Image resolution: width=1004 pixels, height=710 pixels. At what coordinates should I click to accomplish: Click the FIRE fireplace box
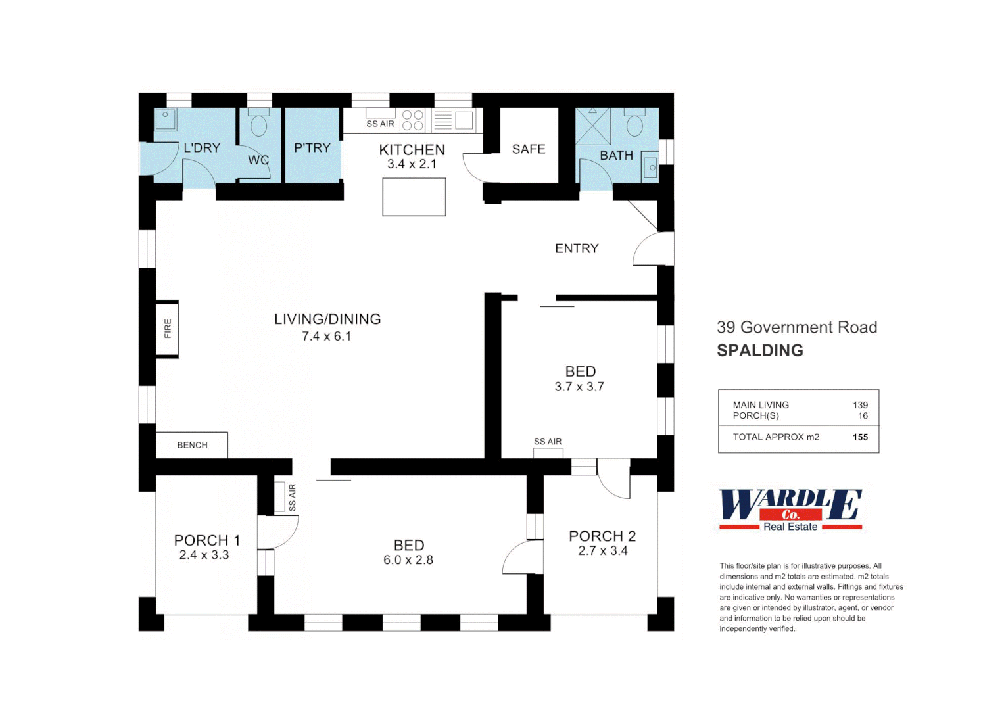click(167, 329)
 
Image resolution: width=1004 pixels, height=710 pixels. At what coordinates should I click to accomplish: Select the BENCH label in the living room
click(192, 445)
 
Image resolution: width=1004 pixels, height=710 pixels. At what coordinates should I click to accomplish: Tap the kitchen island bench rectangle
click(414, 197)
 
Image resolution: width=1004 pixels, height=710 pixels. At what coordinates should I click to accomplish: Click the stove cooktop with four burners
click(413, 120)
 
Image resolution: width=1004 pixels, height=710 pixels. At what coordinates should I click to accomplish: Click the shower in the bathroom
click(593, 126)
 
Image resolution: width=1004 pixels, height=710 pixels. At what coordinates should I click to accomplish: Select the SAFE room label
click(529, 149)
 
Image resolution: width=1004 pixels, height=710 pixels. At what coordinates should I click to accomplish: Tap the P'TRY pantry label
click(312, 148)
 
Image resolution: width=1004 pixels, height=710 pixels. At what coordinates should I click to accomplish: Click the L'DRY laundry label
click(202, 148)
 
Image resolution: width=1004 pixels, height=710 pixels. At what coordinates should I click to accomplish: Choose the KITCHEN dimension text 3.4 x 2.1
click(412, 164)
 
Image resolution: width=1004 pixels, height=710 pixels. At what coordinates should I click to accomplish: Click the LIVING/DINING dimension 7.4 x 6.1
click(327, 337)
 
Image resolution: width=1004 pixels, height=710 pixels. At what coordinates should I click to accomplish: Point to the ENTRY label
click(577, 248)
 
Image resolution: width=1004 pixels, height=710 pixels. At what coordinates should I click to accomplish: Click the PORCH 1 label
click(207, 540)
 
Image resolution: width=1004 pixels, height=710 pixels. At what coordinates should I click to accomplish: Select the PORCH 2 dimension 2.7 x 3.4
click(603, 551)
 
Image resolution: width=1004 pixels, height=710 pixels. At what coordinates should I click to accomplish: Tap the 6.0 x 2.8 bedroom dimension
click(408, 560)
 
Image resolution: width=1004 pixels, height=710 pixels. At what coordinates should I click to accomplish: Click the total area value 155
click(860, 437)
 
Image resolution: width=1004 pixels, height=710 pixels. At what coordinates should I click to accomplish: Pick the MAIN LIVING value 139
click(860, 405)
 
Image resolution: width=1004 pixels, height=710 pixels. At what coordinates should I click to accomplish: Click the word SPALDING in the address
click(760, 350)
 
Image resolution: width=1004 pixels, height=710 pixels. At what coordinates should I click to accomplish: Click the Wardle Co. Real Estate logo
click(790, 510)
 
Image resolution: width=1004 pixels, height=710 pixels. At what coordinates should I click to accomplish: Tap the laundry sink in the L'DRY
click(165, 120)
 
